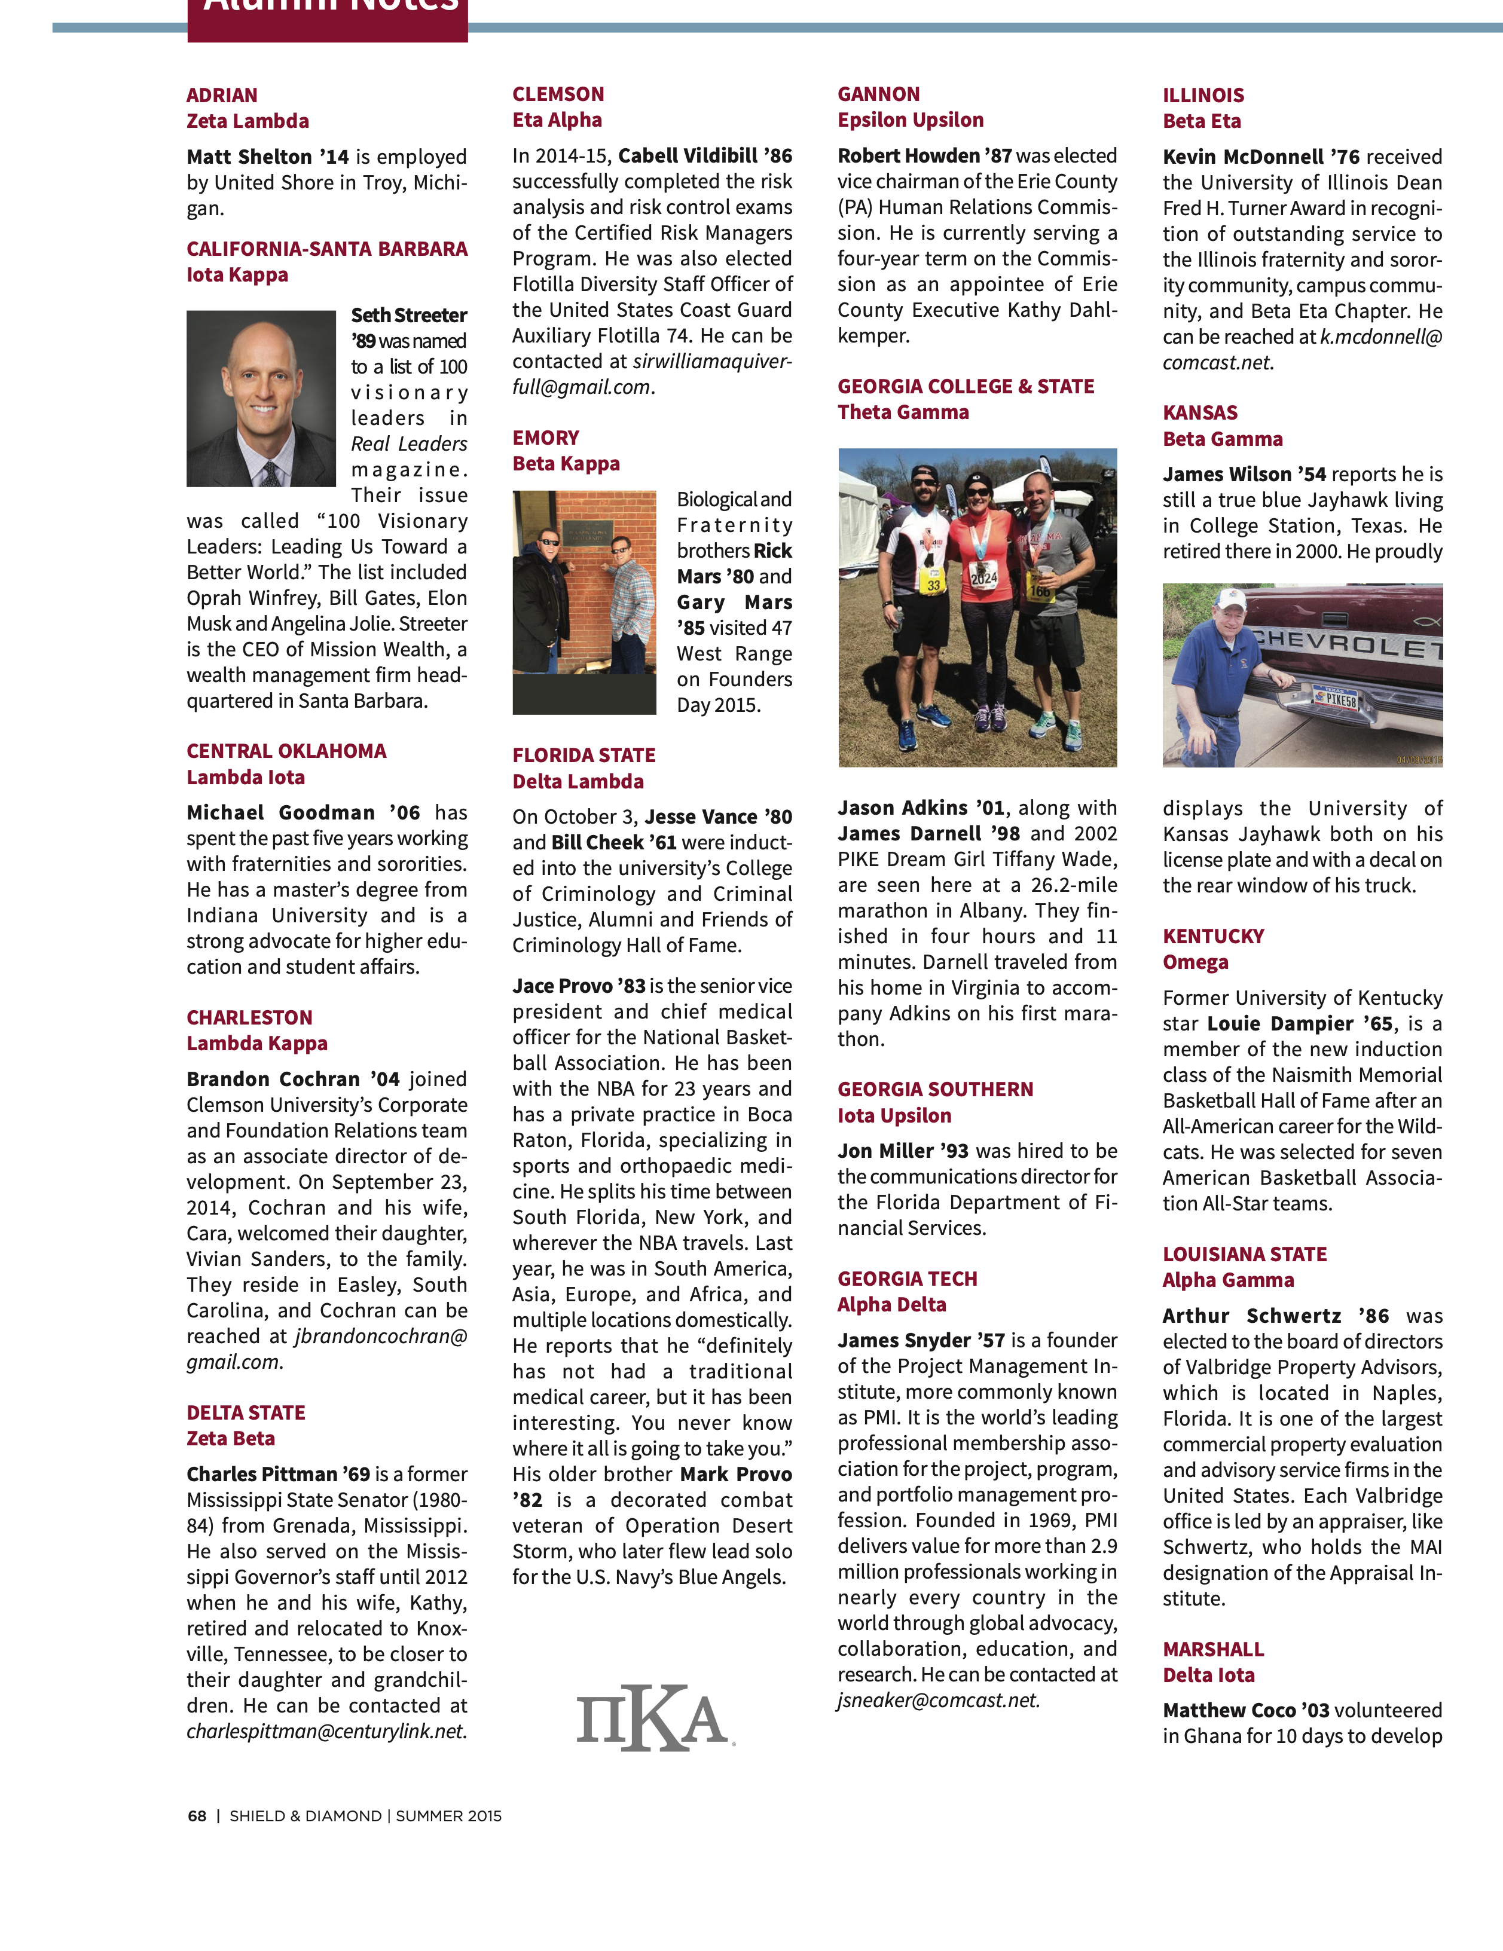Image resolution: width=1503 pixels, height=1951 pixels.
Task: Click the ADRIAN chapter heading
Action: pyautogui.click(x=222, y=96)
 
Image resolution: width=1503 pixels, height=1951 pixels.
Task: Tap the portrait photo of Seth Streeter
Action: pyautogui.click(x=261, y=399)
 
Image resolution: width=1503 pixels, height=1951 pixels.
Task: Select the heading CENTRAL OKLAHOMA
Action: pyautogui.click(x=286, y=751)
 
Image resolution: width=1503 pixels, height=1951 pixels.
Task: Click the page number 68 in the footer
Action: pyautogui.click(x=197, y=1816)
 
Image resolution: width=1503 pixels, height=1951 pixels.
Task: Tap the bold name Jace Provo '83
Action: pyautogui.click(x=578, y=986)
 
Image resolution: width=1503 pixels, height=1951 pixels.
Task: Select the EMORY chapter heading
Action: pyautogui.click(x=545, y=438)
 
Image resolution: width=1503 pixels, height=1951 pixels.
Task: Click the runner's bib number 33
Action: pyautogui.click(x=933, y=586)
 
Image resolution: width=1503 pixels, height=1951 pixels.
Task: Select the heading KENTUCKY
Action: pyautogui.click(x=1212, y=936)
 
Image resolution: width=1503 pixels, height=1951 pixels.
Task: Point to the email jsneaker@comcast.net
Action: pyautogui.click(x=938, y=1700)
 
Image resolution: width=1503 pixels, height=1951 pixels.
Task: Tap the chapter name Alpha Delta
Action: pyautogui.click(x=891, y=1304)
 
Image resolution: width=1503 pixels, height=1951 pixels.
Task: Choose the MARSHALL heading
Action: pyautogui.click(x=1212, y=1649)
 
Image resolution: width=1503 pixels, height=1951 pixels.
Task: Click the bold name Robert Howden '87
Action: pyautogui.click(x=924, y=155)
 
